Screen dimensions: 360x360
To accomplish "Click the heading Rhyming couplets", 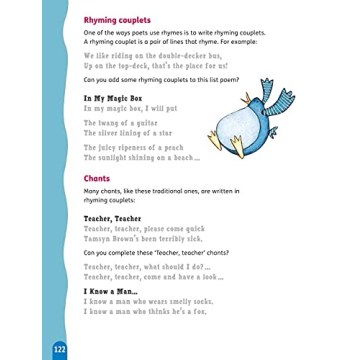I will [x=117, y=19].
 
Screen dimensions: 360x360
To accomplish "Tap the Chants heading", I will [x=98, y=179].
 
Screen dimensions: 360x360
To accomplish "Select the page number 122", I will [x=59, y=348].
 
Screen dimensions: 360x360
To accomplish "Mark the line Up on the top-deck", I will [x=151, y=65].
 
